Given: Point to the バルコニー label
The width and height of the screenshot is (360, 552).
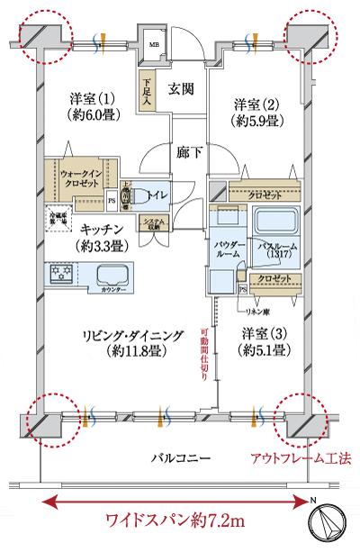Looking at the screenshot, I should click(180, 459).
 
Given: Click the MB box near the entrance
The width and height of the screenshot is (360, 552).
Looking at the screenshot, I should click(154, 43).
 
